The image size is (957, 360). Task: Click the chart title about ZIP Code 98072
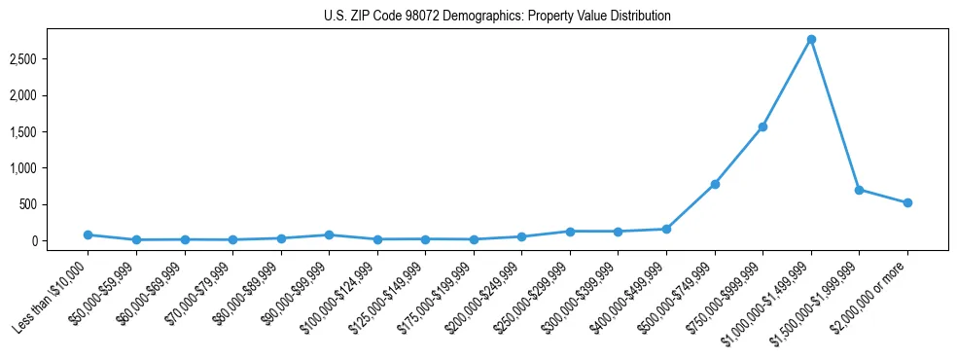pyautogui.click(x=497, y=17)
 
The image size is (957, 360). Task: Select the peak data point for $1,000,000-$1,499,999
pyautogui.click(x=811, y=39)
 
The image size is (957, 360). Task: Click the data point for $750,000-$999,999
pyautogui.click(x=762, y=126)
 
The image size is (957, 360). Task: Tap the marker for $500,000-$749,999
pyautogui.click(x=715, y=184)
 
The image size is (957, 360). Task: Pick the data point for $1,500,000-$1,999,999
pyautogui.click(x=859, y=190)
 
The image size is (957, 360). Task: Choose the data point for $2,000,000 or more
pyautogui.click(x=907, y=202)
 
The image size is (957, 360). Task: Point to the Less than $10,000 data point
pyautogui.click(x=88, y=234)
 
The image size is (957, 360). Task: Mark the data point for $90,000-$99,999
pyautogui.click(x=329, y=234)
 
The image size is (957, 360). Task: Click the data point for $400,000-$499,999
pyautogui.click(x=666, y=229)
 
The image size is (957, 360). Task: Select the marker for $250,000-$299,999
pyautogui.click(x=570, y=231)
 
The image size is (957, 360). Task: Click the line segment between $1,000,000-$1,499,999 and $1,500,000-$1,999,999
pyautogui.click(x=835, y=115)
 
